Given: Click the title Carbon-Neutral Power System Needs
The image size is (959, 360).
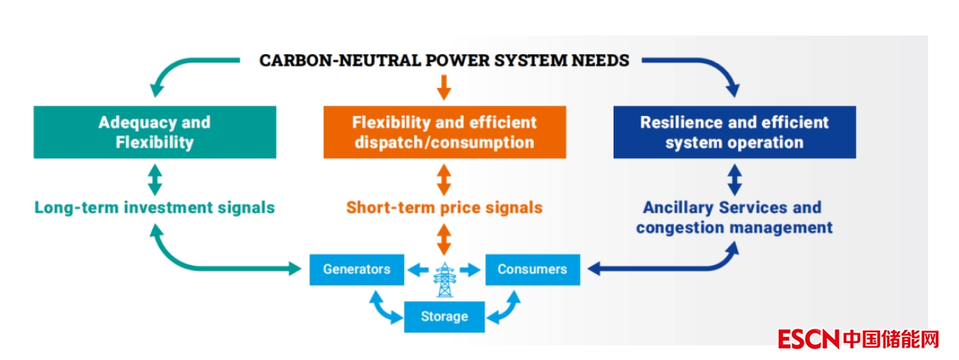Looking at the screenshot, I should point(444,60).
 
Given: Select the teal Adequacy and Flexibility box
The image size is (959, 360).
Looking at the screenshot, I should point(155,132).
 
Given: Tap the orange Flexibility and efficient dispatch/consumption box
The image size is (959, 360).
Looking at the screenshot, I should point(444,132).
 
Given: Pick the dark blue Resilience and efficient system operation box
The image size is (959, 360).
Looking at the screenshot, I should point(734,132).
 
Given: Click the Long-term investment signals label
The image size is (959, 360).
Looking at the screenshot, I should point(155,208).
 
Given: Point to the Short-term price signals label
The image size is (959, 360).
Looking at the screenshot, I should point(444,208).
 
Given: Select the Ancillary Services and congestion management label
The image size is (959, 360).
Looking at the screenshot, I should point(734,217).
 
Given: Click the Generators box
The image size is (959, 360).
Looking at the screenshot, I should point(356,270).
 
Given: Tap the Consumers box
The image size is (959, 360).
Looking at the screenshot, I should point(532,270).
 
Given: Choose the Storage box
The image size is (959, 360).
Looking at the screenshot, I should point(444,317).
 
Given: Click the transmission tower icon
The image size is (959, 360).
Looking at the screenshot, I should point(444,279).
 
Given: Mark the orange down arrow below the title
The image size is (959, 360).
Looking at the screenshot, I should point(444,87).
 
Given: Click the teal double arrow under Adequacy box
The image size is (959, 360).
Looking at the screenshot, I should point(155,178).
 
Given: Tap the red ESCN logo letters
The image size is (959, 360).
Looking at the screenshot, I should point(808,339).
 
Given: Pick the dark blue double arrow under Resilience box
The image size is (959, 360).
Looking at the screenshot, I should point(734,178).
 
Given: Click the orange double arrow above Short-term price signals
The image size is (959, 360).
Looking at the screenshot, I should point(444,178).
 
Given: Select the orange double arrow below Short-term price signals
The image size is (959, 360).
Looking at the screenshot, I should point(444,239).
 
